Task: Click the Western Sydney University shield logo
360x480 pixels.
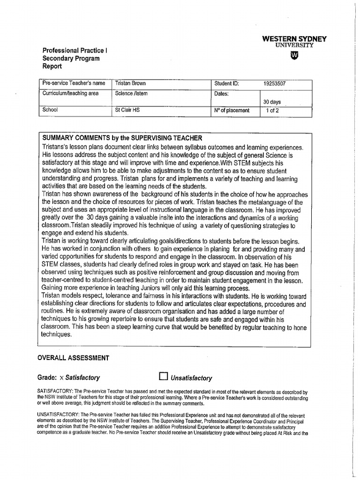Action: pyautogui.click(x=294, y=56)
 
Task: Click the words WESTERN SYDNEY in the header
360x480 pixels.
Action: pyautogui.click(x=294, y=39)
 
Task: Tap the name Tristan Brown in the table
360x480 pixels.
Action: pyautogui.click(x=130, y=83)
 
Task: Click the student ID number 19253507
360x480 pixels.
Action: pyautogui.click(x=274, y=84)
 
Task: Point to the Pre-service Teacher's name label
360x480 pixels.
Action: pyautogui.click(x=74, y=83)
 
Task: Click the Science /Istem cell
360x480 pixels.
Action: pyautogui.click(x=131, y=94)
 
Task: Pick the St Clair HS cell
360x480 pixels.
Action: pyautogui.click(x=127, y=111)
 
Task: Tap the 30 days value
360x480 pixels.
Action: pyautogui.click(x=272, y=102)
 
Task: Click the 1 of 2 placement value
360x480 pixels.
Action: pyautogui.click(x=272, y=111)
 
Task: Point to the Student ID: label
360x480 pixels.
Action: pyautogui.click(x=226, y=84)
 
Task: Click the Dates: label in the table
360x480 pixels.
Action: pyautogui.click(x=222, y=94)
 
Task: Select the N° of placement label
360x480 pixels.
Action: pyautogui.click(x=232, y=111)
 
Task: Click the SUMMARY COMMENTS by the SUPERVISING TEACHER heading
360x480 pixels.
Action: pyautogui.click(x=122, y=138)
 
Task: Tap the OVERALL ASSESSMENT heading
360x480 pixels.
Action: pyautogui.click(x=73, y=358)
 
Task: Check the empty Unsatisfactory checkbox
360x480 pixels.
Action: pyautogui.click(x=163, y=376)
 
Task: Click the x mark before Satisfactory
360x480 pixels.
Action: pyautogui.click(x=61, y=377)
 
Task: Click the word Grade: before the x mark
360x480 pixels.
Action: pyautogui.click(x=47, y=377)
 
